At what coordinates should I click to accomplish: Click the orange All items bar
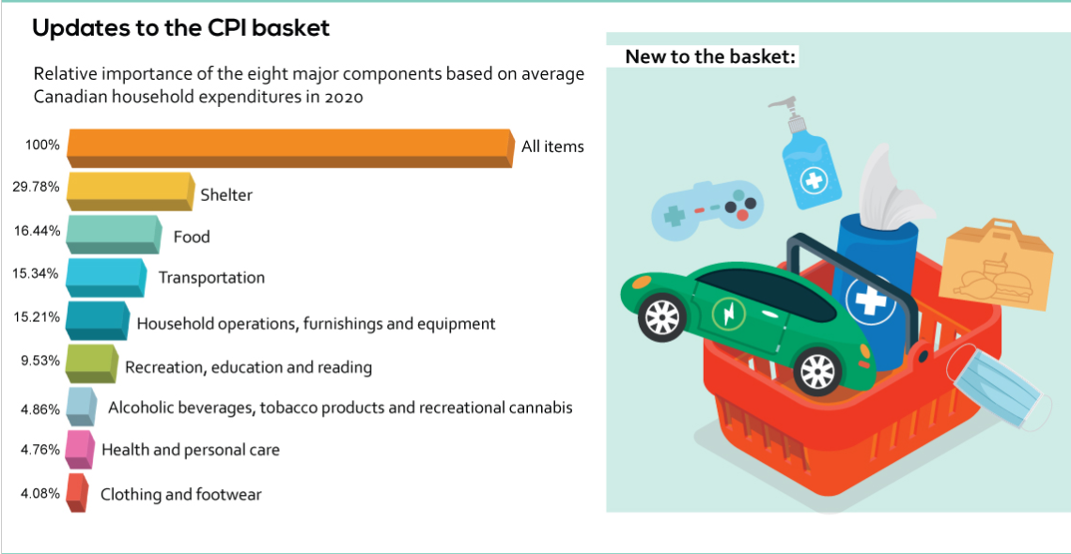[290, 148]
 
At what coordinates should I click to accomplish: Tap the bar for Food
[114, 234]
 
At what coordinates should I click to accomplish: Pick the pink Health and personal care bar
[80, 450]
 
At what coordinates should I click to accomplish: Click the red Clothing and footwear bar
[77, 493]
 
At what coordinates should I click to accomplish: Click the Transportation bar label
[211, 278]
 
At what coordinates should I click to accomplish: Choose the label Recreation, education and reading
[249, 368]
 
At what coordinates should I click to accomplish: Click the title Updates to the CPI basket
[181, 28]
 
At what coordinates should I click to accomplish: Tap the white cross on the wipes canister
[871, 299]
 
